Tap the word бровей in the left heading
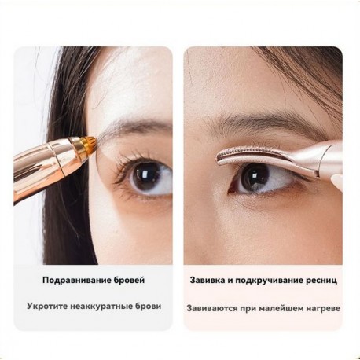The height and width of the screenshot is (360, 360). pos(129,280)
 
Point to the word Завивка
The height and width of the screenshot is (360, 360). pos(210,280)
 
